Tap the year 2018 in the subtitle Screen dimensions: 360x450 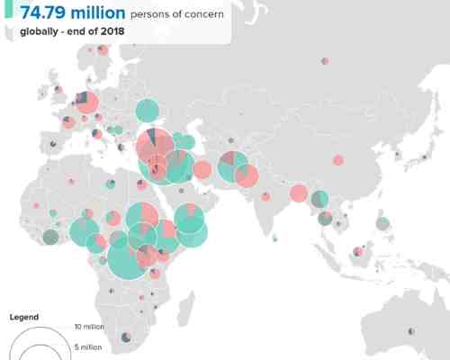[112, 31]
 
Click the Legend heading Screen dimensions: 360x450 [24, 318]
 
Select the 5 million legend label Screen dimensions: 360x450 [89, 346]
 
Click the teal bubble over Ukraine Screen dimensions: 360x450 [147, 112]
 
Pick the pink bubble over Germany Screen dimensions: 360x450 [87, 102]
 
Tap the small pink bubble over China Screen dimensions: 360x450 [337, 160]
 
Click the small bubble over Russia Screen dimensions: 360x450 [323, 62]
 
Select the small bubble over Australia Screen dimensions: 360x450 [411, 331]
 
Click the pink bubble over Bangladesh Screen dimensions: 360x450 [299, 193]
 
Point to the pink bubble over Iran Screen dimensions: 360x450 [202, 169]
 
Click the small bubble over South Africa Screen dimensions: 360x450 [127, 336]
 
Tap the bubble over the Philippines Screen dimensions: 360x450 [382, 223]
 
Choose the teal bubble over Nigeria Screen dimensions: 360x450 [85, 230]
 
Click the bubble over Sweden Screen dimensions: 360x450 [103, 49]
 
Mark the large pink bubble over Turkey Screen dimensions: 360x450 [155, 147]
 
